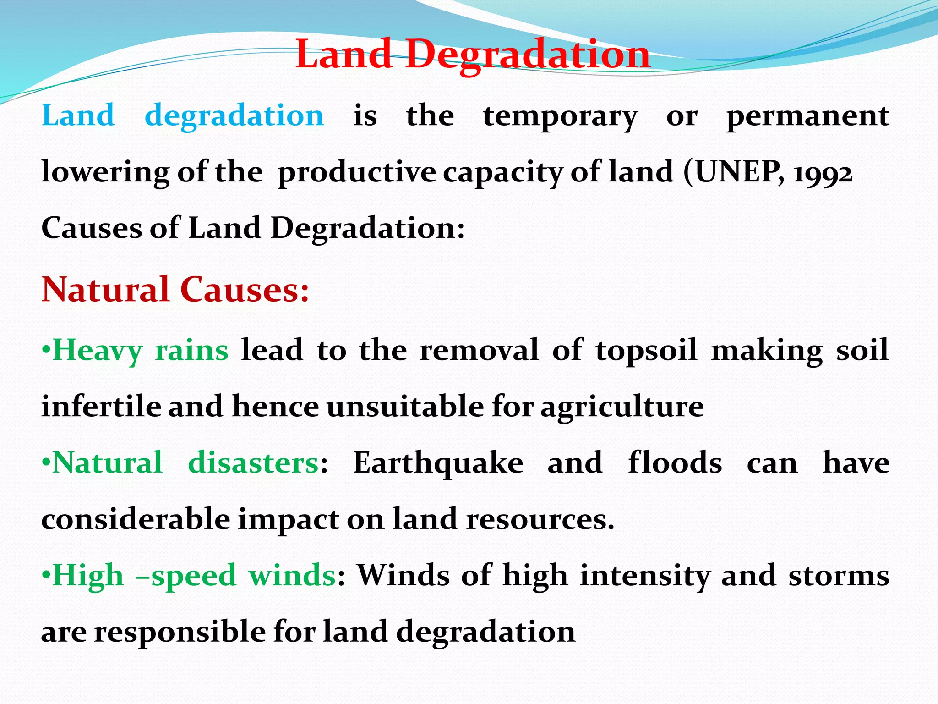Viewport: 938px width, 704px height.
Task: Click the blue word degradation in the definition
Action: (x=234, y=115)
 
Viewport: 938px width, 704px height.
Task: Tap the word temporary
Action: (x=560, y=116)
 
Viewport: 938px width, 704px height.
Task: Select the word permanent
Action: (x=808, y=116)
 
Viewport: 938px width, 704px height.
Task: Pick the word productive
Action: (x=357, y=173)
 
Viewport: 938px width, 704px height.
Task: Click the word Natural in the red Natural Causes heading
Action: (x=106, y=290)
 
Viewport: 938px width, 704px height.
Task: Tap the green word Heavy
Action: (x=98, y=351)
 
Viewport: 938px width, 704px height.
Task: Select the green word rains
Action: (x=191, y=351)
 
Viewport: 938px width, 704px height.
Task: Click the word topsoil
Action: (x=646, y=351)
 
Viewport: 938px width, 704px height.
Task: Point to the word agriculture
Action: (x=622, y=407)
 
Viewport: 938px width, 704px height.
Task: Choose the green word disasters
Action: (x=253, y=462)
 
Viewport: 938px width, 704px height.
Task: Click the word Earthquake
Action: (x=438, y=463)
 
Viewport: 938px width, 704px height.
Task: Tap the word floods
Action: (x=675, y=462)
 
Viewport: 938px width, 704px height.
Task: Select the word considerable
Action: (x=136, y=519)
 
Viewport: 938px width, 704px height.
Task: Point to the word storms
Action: (x=839, y=576)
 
